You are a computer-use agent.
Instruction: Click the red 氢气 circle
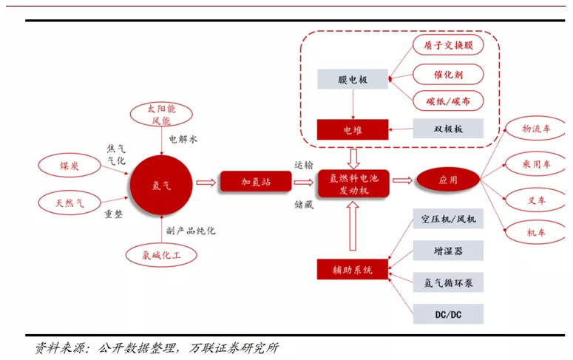pyautogui.click(x=161, y=185)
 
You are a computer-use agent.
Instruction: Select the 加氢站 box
pyautogui.click(x=256, y=182)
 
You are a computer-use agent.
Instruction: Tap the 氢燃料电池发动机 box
pyautogui.click(x=353, y=184)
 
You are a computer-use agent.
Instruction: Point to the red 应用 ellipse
pyautogui.click(x=448, y=180)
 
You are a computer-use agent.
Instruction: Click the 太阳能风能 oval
pyautogui.click(x=161, y=115)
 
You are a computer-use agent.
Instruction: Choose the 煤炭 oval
pyautogui.click(x=69, y=166)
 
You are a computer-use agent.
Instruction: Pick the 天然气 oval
pyautogui.click(x=69, y=203)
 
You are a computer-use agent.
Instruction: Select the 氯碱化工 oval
pyautogui.click(x=161, y=255)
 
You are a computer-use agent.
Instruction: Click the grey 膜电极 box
pyautogui.click(x=352, y=79)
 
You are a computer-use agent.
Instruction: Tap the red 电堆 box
pyautogui.click(x=352, y=130)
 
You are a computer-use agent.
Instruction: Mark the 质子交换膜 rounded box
pyautogui.click(x=448, y=45)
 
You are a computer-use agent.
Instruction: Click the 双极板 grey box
pyautogui.click(x=448, y=129)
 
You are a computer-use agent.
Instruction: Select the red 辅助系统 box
pyautogui.click(x=352, y=270)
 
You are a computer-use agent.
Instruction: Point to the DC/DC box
pyautogui.click(x=448, y=314)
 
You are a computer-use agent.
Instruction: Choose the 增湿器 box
pyautogui.click(x=448, y=251)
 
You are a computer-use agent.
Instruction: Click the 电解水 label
pyautogui.click(x=183, y=139)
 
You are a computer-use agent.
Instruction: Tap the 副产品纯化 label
pyautogui.click(x=191, y=231)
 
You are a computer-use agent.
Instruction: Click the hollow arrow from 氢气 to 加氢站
pyautogui.click(x=206, y=183)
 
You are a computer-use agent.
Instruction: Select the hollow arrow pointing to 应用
pyautogui.click(x=402, y=180)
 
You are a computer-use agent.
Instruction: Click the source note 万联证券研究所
pyautogui.click(x=234, y=348)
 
